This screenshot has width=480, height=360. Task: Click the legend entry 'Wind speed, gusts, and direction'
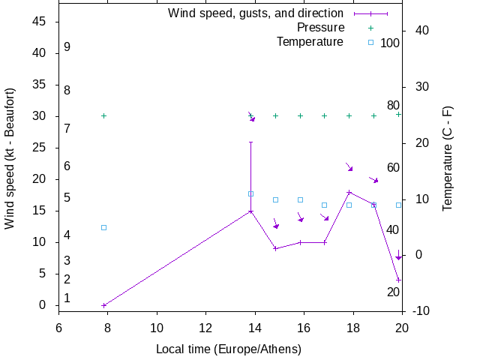[255, 13]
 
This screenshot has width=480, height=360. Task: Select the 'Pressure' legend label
[310, 28]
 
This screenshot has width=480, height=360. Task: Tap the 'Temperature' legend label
[310, 42]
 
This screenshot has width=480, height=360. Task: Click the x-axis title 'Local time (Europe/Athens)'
[229, 349]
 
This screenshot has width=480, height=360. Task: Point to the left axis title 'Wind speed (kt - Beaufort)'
[10, 158]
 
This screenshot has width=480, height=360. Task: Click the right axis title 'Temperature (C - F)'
[448, 158]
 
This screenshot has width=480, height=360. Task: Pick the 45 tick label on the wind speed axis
[40, 22]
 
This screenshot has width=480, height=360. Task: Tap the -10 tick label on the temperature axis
[421, 310]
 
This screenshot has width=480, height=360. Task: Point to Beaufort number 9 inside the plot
[67, 47]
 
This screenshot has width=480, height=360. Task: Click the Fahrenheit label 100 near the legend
[390, 43]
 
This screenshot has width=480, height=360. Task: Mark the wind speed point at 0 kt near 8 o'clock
[103, 305]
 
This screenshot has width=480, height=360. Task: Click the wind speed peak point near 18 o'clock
[349, 192]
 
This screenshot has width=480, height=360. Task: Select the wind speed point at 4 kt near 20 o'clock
[398, 280]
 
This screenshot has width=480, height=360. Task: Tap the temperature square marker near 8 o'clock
[103, 227]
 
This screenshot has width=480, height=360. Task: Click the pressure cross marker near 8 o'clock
[103, 115]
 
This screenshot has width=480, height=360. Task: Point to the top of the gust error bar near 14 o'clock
[250, 142]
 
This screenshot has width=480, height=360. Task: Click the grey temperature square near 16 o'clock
[300, 199]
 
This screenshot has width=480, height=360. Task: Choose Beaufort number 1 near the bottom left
[67, 298]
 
